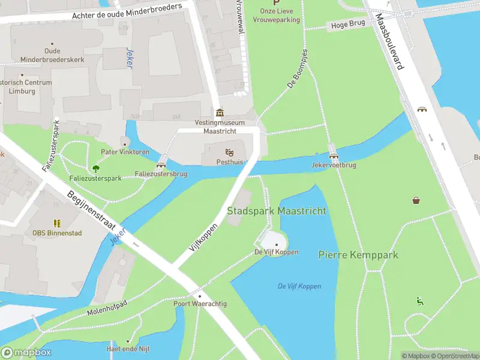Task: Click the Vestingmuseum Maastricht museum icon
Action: point(220,113)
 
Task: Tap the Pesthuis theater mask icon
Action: point(229,152)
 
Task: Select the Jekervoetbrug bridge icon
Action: point(334,155)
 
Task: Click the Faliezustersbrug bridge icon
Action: point(161,165)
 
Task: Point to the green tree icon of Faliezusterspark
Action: point(95,169)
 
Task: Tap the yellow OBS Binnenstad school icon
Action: point(57,223)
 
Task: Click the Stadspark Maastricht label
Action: point(277,211)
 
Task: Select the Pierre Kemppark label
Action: point(358,255)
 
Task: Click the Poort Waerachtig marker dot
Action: point(200,296)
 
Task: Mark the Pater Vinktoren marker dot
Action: point(125,144)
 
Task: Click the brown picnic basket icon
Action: point(416,200)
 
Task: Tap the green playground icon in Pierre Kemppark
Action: point(420,301)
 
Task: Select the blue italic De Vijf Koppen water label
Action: point(299,286)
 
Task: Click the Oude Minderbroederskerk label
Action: point(52,55)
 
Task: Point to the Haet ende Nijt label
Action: point(128,349)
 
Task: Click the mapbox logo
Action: point(26,353)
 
